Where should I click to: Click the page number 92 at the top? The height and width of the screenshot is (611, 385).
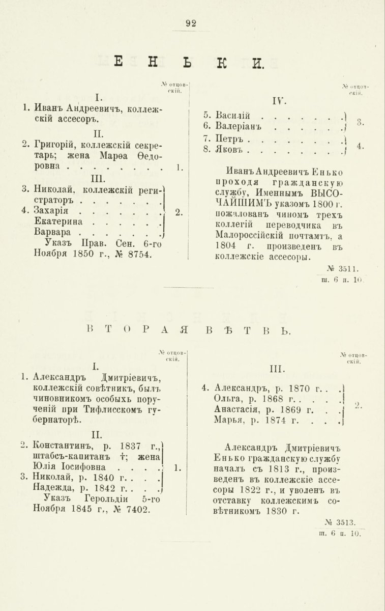(191, 22)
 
